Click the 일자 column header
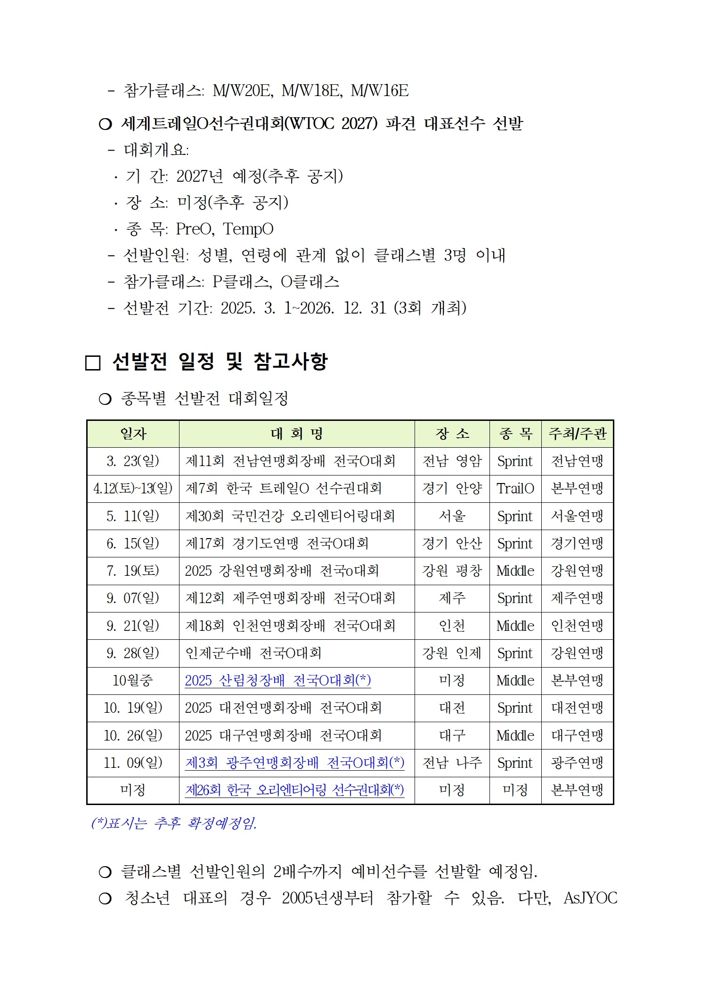[x=133, y=434]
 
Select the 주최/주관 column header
[x=577, y=434]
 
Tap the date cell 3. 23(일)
[x=133, y=461]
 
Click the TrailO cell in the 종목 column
[x=515, y=489]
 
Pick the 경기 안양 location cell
[x=452, y=489]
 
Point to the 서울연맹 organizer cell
[x=577, y=516]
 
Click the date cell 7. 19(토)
[x=133, y=571]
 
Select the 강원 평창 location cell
[x=452, y=571]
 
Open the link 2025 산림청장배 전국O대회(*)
[x=277, y=681]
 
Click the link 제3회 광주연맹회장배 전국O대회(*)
[x=294, y=763]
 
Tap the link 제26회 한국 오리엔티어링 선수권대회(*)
[x=294, y=790]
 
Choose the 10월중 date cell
[x=133, y=681]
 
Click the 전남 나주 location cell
[x=452, y=763]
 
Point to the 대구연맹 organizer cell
[x=577, y=736]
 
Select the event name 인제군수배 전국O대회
[x=253, y=653]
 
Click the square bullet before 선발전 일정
[x=93, y=363]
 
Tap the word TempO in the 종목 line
[x=248, y=229]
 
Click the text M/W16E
[x=379, y=91]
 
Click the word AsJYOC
[x=590, y=898]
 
